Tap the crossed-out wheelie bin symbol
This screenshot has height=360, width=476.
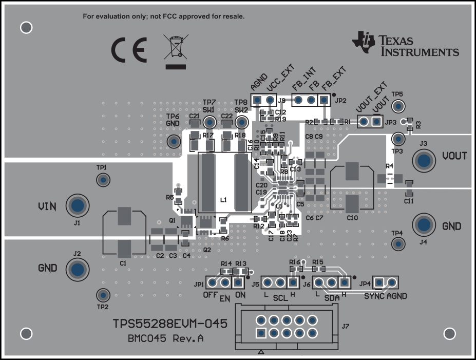tap(176, 51)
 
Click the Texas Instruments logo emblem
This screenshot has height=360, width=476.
tap(364, 42)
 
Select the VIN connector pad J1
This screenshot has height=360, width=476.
tap(77, 205)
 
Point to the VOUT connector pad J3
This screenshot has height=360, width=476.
tap(424, 161)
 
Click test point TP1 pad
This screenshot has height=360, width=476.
tap(103, 180)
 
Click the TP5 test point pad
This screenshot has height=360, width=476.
tap(397, 107)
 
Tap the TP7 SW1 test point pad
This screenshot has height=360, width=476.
tap(209, 122)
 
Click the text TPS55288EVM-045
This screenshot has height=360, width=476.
tap(170, 325)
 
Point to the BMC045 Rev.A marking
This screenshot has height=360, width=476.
tap(165, 338)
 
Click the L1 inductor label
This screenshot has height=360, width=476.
tap(223, 199)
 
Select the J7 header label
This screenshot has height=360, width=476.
tap(346, 325)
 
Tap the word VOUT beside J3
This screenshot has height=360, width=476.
tap(454, 156)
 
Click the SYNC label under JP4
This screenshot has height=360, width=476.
tap(374, 296)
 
